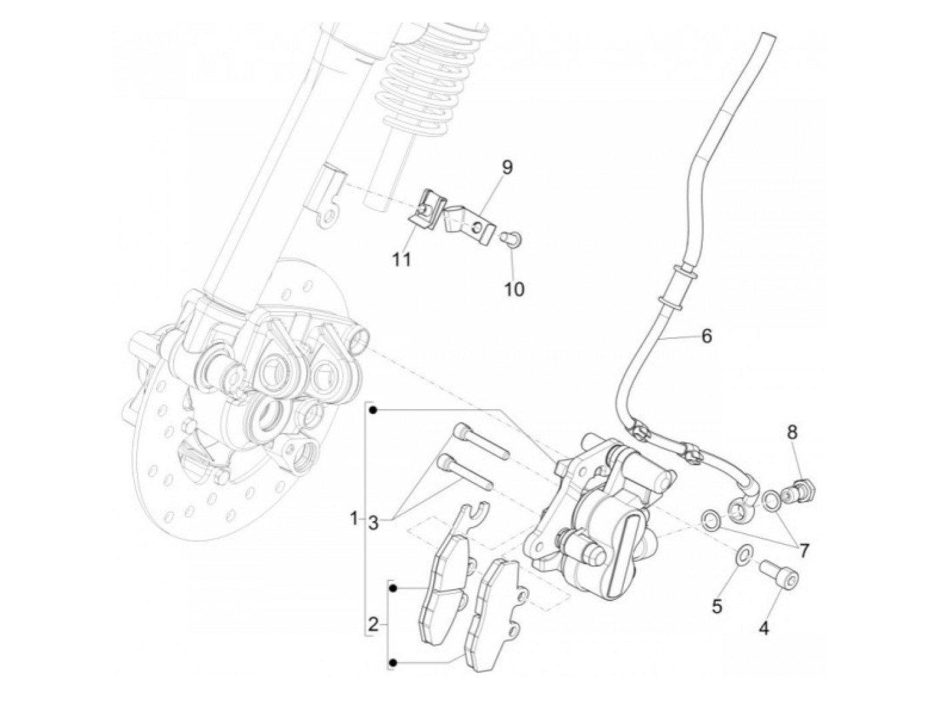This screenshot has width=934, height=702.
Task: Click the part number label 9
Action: pyautogui.click(x=507, y=167)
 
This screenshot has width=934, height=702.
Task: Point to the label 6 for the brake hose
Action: pyautogui.click(x=707, y=336)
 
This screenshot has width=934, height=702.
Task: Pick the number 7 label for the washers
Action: pyautogui.click(x=804, y=551)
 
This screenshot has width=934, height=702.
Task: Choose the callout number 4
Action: pyautogui.click(x=764, y=627)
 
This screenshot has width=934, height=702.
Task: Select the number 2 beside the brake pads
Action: pyautogui.click(x=373, y=625)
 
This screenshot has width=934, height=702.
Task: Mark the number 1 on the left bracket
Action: pyautogui.click(x=354, y=518)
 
